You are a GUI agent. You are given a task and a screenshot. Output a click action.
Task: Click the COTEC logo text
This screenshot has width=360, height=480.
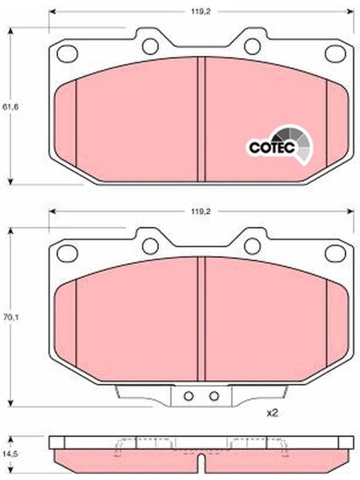[272, 148]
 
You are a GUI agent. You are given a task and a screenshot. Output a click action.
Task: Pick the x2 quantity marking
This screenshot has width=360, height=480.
[272, 413]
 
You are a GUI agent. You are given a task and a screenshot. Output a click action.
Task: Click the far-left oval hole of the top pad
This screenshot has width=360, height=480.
[67, 53]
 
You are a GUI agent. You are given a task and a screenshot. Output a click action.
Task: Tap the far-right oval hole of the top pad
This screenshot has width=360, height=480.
[335, 53]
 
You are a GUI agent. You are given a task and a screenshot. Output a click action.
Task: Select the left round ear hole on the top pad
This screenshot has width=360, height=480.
[151, 46]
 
